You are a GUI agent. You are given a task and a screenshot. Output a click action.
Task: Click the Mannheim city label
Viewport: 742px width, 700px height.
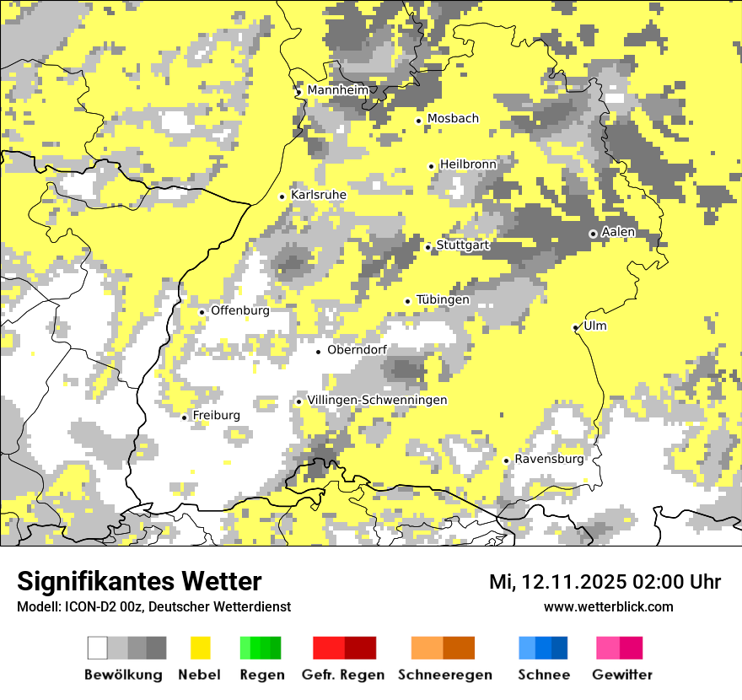[x=338, y=90]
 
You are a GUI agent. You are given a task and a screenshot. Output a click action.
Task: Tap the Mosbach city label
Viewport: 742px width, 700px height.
[x=453, y=119]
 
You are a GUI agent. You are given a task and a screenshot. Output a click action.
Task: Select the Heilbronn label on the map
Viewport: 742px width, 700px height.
[x=468, y=164]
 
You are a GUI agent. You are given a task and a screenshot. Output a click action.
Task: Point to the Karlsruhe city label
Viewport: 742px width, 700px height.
[x=319, y=195]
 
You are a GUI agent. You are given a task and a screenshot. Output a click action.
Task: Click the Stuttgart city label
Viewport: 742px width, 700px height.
[x=462, y=245]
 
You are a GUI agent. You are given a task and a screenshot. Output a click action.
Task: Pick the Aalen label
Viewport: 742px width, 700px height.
[x=619, y=232]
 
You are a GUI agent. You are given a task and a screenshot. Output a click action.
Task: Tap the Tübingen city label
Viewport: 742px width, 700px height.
[x=443, y=299]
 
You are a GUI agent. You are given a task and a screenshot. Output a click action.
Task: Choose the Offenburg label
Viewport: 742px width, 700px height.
[x=240, y=310]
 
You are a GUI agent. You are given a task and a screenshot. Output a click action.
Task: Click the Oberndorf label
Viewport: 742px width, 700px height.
[x=357, y=350]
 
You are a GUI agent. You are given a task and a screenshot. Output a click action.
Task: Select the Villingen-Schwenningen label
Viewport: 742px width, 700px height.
[x=377, y=400]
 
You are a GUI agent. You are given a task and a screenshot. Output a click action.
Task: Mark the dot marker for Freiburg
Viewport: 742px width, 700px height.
[x=185, y=417]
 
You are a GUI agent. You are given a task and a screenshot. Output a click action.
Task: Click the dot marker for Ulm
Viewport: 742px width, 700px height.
[x=576, y=328]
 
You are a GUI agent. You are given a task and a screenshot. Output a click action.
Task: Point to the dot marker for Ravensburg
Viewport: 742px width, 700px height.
[x=507, y=460]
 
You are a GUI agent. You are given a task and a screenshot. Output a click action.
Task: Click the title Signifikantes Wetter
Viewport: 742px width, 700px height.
[x=139, y=581]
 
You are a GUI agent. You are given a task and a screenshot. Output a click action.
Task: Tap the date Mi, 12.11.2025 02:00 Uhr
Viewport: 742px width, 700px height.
[x=605, y=582]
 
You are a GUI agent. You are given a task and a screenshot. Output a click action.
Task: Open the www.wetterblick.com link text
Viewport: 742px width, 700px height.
[x=608, y=606]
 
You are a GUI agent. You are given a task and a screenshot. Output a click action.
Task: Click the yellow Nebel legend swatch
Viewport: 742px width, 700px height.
[x=200, y=648]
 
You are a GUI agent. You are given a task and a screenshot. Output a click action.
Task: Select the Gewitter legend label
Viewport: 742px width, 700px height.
[x=622, y=675]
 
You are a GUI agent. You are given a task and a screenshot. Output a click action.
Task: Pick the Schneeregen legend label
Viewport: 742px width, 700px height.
[x=445, y=675]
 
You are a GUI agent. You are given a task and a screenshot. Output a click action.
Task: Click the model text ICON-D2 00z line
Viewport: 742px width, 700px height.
[x=153, y=606]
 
